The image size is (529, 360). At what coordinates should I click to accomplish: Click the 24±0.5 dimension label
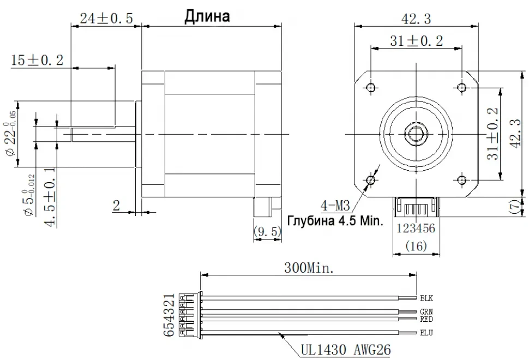pyautogui.click(x=106, y=18)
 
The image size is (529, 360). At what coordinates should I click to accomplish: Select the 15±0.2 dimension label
pyautogui.click(x=37, y=60)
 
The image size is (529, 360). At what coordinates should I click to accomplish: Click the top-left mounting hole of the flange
pyautogui.click(x=371, y=87)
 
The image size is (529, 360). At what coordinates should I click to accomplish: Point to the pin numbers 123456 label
pyautogui.click(x=416, y=229)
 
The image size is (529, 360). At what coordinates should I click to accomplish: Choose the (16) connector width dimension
pyautogui.click(x=416, y=247)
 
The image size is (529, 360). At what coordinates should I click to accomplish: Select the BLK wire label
pyautogui.click(x=426, y=298)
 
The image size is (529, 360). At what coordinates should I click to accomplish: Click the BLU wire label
pyautogui.click(x=426, y=332)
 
